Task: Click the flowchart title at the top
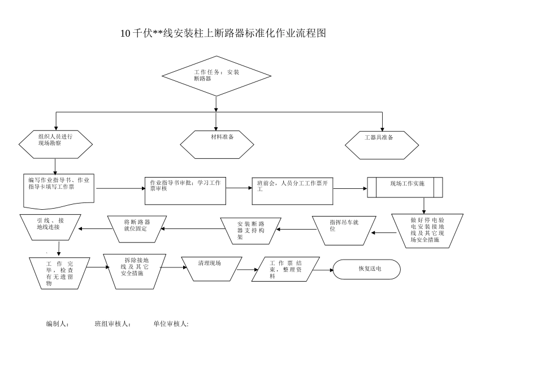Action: click(224, 33)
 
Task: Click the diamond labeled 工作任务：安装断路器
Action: click(216, 76)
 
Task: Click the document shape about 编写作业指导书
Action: click(59, 189)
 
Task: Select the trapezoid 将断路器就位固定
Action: click(136, 228)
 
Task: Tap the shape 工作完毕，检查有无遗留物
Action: click(59, 273)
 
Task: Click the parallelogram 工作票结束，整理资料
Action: click(286, 269)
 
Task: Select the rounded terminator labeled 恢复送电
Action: click(367, 270)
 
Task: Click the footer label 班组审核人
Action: click(113, 324)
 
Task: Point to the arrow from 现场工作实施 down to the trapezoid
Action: click(424, 205)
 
